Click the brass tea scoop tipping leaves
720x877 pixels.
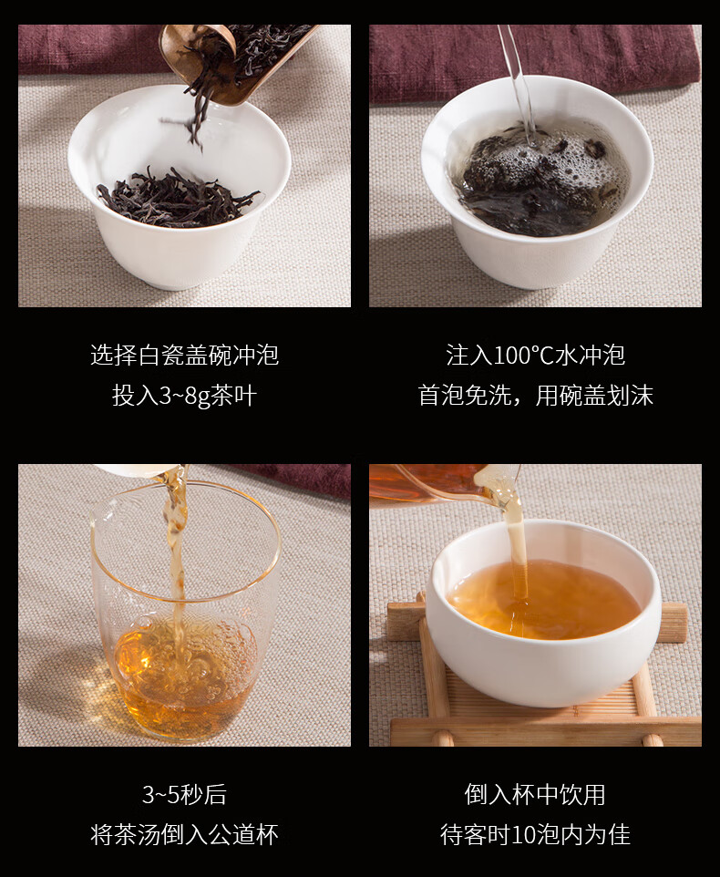pos(235,61)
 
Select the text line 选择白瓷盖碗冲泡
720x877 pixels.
pos(184,356)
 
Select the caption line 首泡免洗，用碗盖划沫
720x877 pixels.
pos(536,396)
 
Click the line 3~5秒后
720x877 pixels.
pos(184,795)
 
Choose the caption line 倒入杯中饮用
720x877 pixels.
pos(535,795)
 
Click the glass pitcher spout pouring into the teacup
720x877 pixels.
pos(498,484)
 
